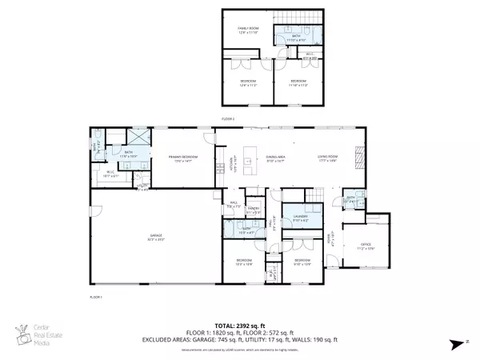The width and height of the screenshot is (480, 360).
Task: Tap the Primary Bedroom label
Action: pos(184,158)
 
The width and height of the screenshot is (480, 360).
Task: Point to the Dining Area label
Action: pos(276,158)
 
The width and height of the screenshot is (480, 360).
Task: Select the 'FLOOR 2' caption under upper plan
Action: pos(228,118)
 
